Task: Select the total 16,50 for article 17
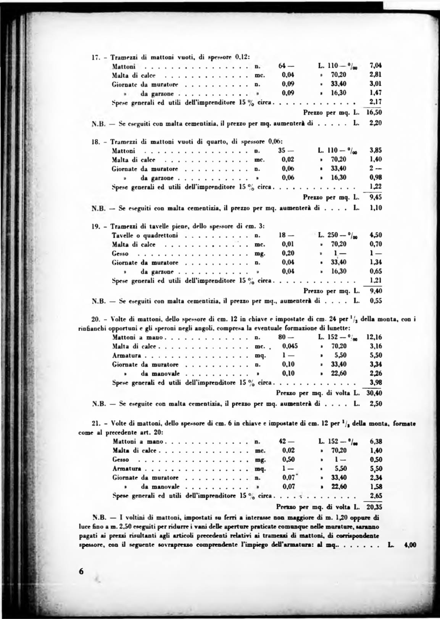tap(374, 113)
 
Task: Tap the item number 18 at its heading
tap(95, 142)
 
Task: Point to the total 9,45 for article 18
tap(376, 197)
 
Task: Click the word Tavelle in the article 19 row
tap(121, 235)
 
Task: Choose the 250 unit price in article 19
tap(333, 235)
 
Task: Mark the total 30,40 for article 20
tap(374, 393)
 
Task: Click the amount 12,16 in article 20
tap(374, 337)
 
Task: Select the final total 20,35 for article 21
tap(374, 507)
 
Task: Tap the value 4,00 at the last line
tap(410, 545)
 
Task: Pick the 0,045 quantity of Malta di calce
tap(290, 346)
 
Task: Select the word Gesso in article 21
tap(121, 460)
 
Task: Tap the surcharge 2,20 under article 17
tap(376, 123)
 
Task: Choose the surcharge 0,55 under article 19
tap(376, 301)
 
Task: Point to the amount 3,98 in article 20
tap(376, 383)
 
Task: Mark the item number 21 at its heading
tap(96, 423)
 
